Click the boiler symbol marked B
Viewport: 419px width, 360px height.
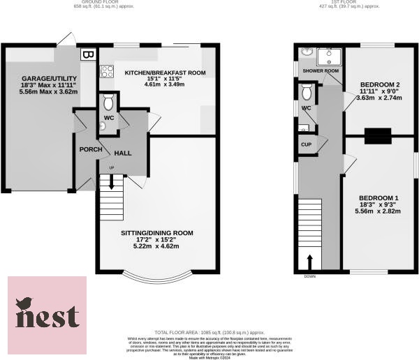(x=87, y=54)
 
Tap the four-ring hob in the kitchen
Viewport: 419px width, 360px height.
(x=108, y=70)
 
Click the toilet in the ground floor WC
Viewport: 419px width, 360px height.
(x=108, y=102)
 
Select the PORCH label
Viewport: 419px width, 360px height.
(x=91, y=149)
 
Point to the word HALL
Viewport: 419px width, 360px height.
(x=123, y=153)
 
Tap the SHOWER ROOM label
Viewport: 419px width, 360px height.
(x=321, y=71)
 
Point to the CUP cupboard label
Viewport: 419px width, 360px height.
(x=306, y=144)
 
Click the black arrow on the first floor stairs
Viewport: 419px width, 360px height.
(x=310, y=260)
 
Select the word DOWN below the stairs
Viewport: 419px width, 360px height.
(x=309, y=276)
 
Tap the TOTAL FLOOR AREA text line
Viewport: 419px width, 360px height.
(x=209, y=332)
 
